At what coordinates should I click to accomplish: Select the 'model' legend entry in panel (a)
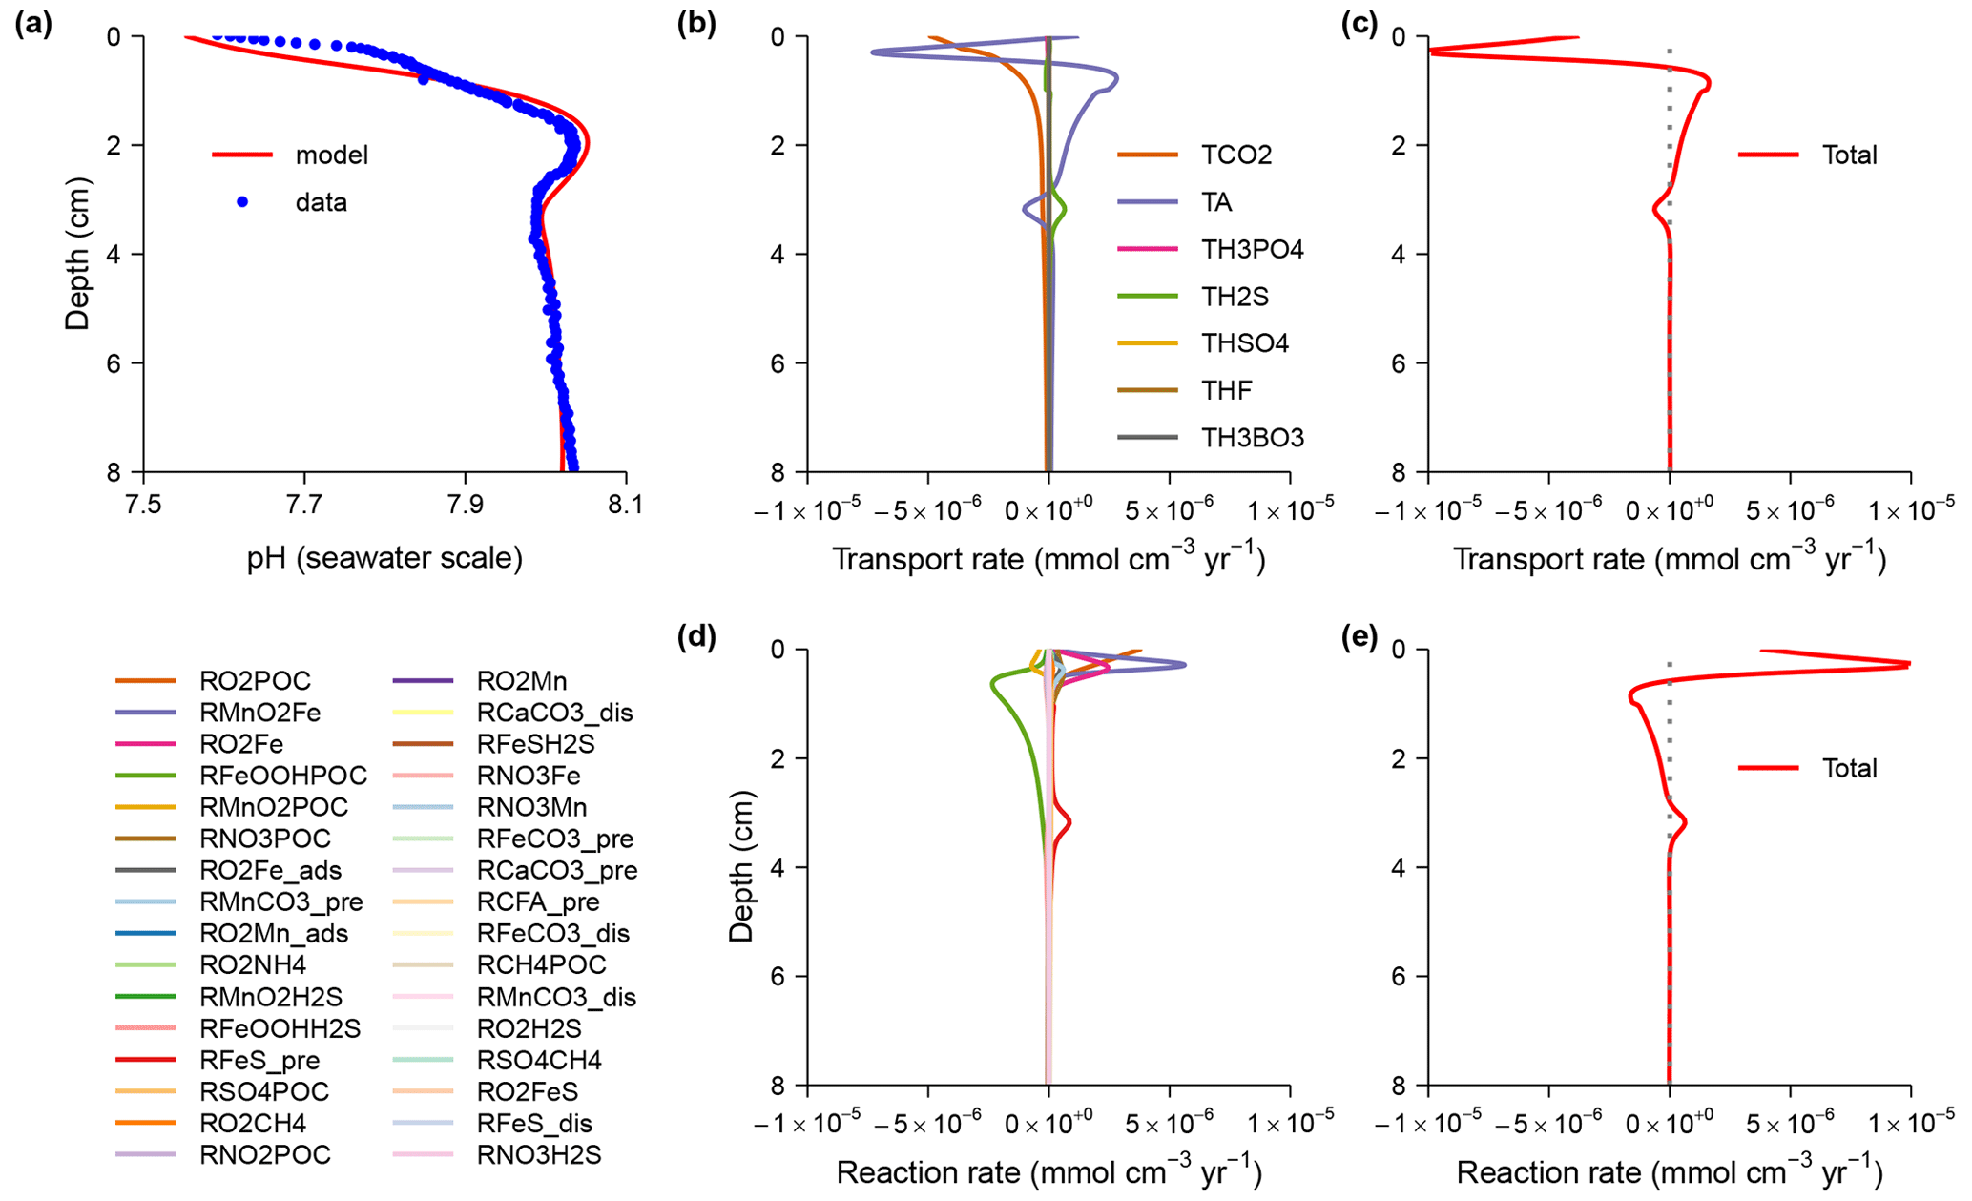(x=331, y=155)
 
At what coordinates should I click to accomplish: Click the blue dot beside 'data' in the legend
(x=242, y=202)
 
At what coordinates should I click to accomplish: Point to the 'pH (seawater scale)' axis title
(x=384, y=557)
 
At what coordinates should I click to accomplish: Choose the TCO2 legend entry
(x=1235, y=155)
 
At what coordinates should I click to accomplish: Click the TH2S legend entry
(x=1234, y=297)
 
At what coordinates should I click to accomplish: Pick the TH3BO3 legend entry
(x=1252, y=438)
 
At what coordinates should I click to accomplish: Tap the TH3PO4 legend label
(x=1252, y=249)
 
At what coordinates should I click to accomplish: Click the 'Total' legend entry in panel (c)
(x=1849, y=155)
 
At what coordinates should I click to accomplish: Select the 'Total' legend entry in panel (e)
(x=1849, y=768)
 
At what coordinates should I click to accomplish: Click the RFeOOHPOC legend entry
(x=282, y=776)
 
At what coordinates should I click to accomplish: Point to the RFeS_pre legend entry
(x=259, y=1060)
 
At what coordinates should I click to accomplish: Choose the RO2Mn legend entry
(x=521, y=681)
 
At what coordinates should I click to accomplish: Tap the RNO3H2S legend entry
(x=538, y=1154)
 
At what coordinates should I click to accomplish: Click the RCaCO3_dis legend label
(x=554, y=713)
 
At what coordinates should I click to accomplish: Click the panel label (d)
(x=696, y=637)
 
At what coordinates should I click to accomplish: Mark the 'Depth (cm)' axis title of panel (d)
(x=741, y=867)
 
